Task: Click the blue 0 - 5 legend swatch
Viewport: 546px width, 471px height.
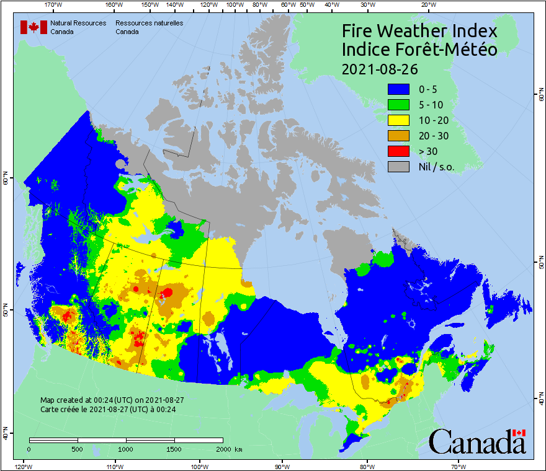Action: coord(398,89)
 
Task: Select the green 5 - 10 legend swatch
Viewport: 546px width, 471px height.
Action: coord(398,105)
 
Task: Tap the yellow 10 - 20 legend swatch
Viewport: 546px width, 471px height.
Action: coord(398,120)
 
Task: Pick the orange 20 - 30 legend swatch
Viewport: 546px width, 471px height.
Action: coord(398,136)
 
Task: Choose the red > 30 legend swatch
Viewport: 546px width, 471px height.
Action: coord(398,151)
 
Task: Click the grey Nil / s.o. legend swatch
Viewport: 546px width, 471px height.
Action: coord(398,167)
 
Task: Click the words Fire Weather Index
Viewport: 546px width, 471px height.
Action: coord(420,31)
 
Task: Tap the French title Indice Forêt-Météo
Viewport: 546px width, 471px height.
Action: coord(420,50)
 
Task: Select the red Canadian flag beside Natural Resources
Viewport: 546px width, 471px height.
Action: coord(34,27)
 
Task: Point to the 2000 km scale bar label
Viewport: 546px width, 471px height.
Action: coord(226,449)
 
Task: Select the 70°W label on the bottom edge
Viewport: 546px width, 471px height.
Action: coord(459,466)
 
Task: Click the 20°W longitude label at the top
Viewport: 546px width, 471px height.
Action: coord(427,5)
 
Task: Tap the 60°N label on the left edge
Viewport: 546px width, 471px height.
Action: coord(5,180)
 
